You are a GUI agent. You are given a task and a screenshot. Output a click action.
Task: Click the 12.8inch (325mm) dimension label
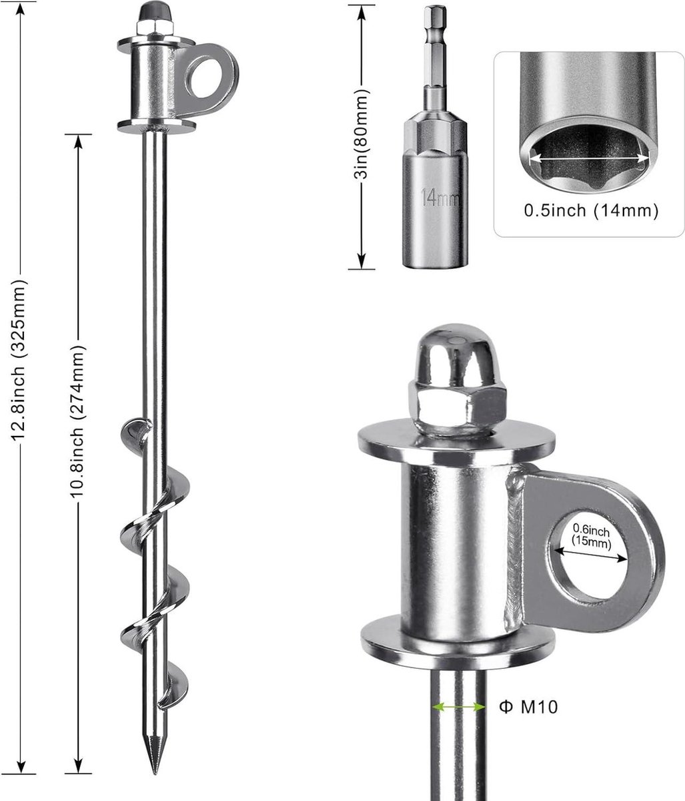click(x=19, y=360)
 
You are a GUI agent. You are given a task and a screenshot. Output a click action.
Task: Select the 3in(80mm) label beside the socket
click(x=361, y=134)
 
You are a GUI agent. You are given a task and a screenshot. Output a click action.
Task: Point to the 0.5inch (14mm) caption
click(x=591, y=211)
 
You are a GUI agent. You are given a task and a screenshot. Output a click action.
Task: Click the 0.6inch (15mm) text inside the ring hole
click(x=592, y=536)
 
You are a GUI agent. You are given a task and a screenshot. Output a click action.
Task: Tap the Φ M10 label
click(x=528, y=707)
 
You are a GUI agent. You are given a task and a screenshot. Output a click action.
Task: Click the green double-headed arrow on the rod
click(x=459, y=708)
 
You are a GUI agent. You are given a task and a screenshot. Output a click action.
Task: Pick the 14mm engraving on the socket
click(x=440, y=198)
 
